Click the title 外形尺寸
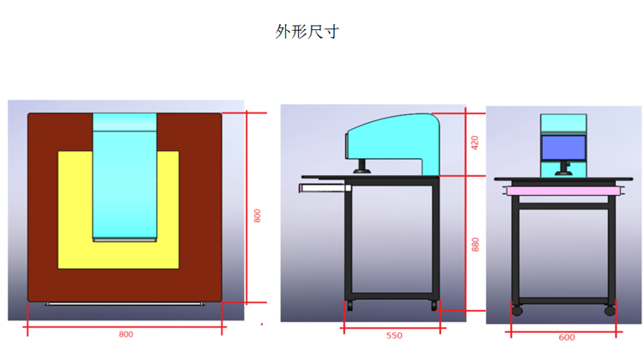pos(307,32)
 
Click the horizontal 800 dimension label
pos(125,334)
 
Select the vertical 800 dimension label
pos(257,216)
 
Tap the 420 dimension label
pos(475,143)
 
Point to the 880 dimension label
pos(475,245)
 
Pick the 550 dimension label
pos(394,335)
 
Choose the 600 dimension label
pos(567,338)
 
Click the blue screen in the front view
pos(563,148)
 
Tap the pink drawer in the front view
pos(563,191)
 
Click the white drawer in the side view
pos(325,188)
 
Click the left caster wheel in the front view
pos(517,310)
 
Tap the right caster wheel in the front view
pos(610,310)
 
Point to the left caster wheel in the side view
pos(349,306)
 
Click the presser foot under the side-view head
pos(361,167)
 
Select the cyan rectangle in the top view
pos(125,177)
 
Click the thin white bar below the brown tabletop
pos(124,304)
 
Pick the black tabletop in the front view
pos(563,180)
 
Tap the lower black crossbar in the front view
pos(563,301)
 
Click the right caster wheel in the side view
pos(434,306)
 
